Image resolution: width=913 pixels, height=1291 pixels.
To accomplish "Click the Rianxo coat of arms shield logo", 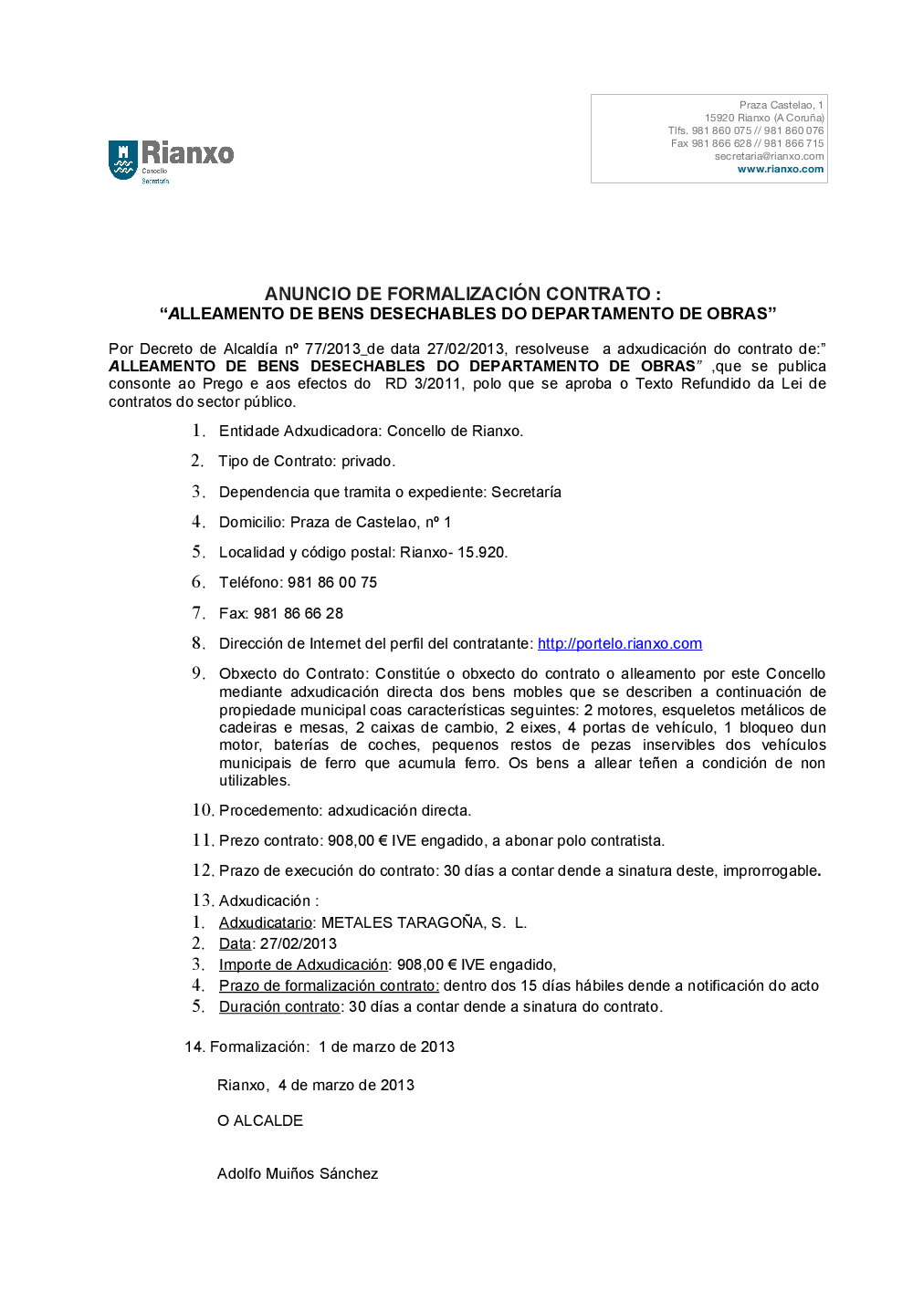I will pos(122,160).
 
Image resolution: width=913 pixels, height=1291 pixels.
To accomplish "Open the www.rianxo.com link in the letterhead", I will pos(780,169).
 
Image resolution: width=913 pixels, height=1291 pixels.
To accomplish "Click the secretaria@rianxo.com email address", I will pos(769,156).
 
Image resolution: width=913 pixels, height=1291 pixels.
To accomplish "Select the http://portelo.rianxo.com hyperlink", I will pos(619,643).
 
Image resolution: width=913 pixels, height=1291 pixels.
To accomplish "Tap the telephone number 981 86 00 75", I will pos(332,582).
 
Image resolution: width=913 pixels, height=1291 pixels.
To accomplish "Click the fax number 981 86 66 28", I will pos(299,613).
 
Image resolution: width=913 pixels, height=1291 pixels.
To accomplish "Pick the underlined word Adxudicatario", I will pos(265,922).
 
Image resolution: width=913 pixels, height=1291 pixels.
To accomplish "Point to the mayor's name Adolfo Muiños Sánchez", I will pos(298,1173).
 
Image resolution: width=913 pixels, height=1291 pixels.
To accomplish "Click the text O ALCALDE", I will pos(260,1120).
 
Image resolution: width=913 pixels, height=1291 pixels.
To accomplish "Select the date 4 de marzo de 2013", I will pos(346,1085).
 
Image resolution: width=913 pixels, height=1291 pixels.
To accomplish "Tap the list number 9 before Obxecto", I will pos(197,673).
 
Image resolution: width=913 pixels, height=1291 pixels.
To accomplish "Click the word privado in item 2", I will pos(367,461).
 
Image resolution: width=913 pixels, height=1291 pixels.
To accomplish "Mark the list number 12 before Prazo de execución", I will pos(202,870).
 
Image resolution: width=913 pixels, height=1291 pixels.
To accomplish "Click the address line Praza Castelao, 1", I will pos(781,105).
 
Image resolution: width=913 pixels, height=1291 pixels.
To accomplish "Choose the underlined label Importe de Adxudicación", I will pos(303,964).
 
